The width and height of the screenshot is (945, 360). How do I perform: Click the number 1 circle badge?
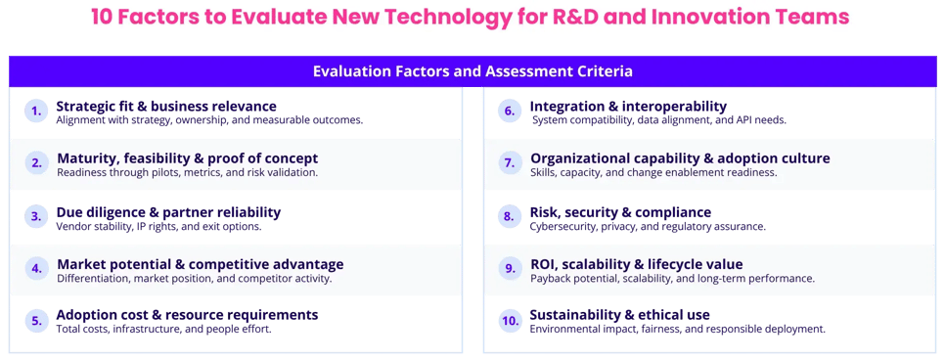36,111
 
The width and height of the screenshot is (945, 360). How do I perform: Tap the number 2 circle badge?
36,163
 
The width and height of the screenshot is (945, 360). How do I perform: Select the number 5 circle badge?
36,321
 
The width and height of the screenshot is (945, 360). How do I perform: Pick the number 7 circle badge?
509,163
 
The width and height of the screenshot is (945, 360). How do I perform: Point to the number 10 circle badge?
509,321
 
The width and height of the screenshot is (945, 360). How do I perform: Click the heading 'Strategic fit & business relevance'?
166,106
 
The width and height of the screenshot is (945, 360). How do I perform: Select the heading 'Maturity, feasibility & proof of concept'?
187,158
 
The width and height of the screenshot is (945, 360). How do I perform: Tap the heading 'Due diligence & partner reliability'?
168,211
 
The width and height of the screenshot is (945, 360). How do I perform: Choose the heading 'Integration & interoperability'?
628,106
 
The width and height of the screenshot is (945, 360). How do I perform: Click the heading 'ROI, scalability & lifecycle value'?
636,264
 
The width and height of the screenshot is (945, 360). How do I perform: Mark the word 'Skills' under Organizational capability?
543,172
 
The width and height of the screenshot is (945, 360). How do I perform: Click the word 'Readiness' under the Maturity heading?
84,172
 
